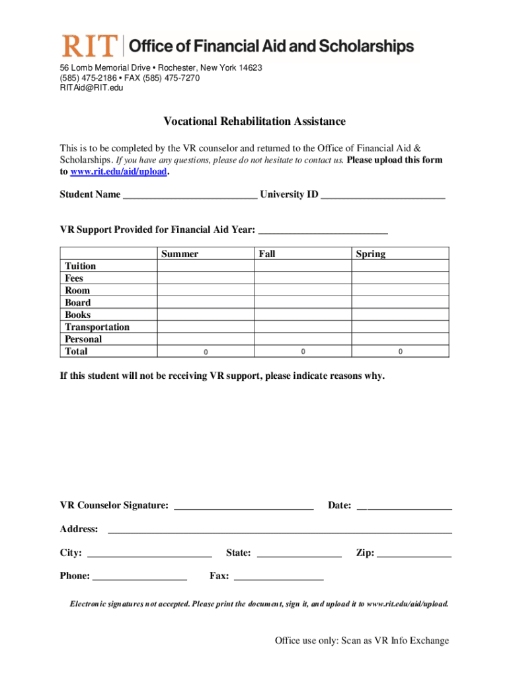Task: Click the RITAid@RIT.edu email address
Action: point(91,87)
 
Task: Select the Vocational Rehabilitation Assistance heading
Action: point(255,122)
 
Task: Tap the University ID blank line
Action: point(383,194)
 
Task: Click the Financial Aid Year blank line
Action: point(323,230)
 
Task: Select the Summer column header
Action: point(179,254)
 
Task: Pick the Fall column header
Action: point(267,254)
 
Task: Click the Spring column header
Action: point(370,254)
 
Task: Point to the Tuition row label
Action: point(80,266)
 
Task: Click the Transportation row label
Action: point(97,327)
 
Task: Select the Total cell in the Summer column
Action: point(206,351)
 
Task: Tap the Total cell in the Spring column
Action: point(400,351)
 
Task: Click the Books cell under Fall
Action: point(303,315)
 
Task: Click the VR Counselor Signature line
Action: point(243,506)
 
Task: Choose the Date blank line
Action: point(404,506)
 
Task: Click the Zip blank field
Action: point(414,553)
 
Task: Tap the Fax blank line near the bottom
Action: point(279,577)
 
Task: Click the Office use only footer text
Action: point(362,641)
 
